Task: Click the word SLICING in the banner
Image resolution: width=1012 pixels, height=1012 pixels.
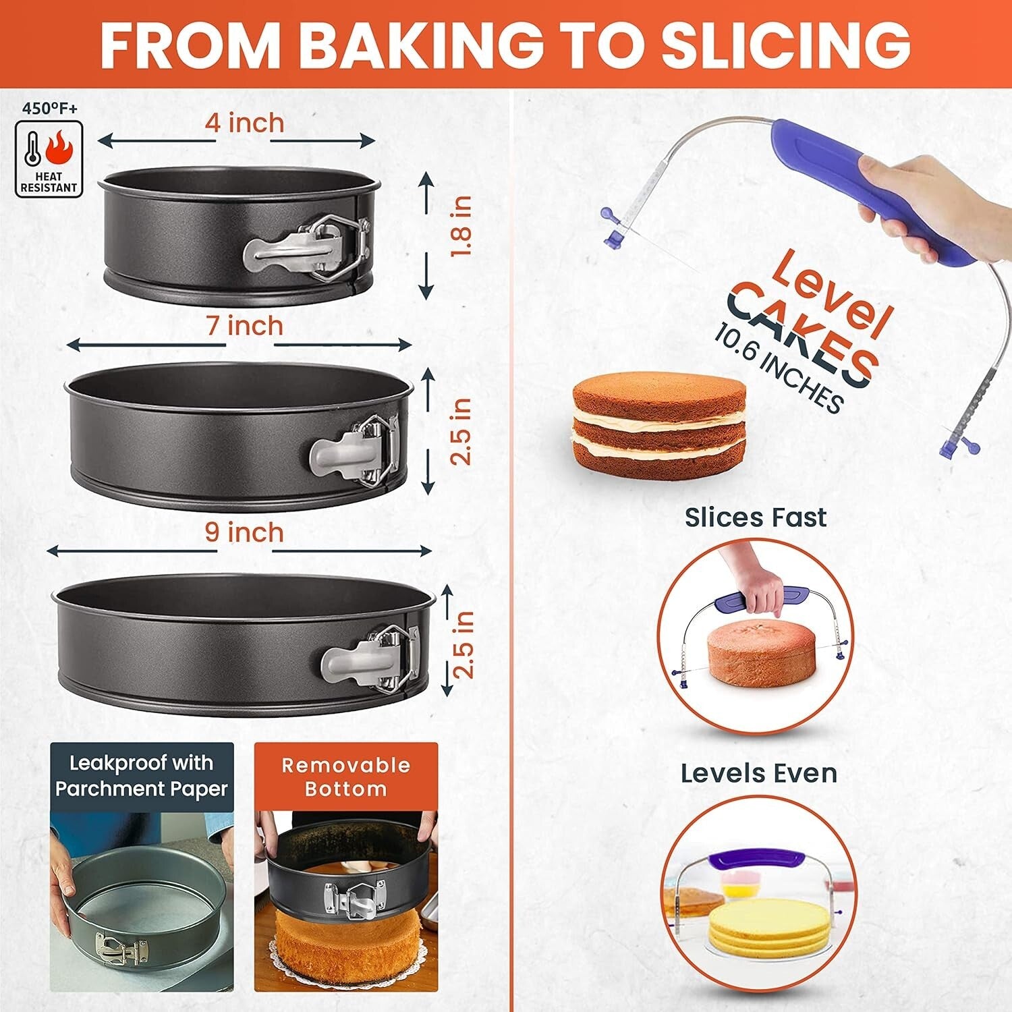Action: (x=785, y=44)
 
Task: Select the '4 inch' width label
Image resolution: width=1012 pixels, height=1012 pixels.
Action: (x=244, y=123)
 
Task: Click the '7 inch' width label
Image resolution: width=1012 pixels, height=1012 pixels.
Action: (x=244, y=326)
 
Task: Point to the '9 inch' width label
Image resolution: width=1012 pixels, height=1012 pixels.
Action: (x=244, y=532)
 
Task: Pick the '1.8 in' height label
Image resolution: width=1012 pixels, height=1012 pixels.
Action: (x=461, y=226)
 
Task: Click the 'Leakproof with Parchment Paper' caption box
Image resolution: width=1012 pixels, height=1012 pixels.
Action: (x=142, y=776)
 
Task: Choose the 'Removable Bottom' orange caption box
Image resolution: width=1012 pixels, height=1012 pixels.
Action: (x=345, y=777)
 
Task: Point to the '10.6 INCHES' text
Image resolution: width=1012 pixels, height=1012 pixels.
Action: (x=779, y=368)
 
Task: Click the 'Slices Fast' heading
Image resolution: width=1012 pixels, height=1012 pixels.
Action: (x=756, y=517)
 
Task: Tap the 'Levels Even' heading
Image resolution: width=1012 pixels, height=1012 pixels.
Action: (x=758, y=773)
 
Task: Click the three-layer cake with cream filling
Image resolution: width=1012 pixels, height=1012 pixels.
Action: (x=659, y=425)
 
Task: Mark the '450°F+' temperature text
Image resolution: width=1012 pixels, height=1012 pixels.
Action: (x=49, y=107)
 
